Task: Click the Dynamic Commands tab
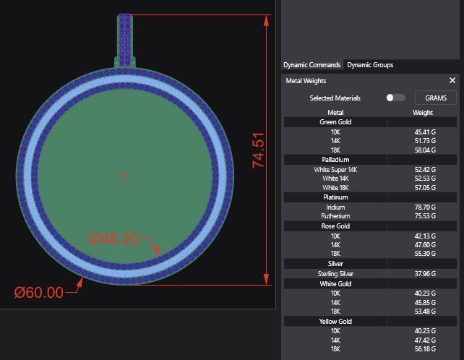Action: (x=312, y=65)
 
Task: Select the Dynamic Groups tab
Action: (x=370, y=65)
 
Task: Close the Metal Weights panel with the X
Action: (x=452, y=81)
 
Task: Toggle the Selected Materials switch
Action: (x=395, y=98)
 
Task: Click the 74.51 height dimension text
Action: (x=259, y=150)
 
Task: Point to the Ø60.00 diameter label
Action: (x=39, y=292)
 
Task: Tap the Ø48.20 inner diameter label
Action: (x=113, y=239)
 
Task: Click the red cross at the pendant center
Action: (x=125, y=175)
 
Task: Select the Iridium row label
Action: (x=335, y=207)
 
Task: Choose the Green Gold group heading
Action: (x=335, y=122)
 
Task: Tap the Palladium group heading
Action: (x=335, y=160)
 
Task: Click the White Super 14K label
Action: (x=335, y=170)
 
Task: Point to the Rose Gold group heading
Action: (x=335, y=226)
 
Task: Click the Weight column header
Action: (x=423, y=113)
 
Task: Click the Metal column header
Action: (x=335, y=113)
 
